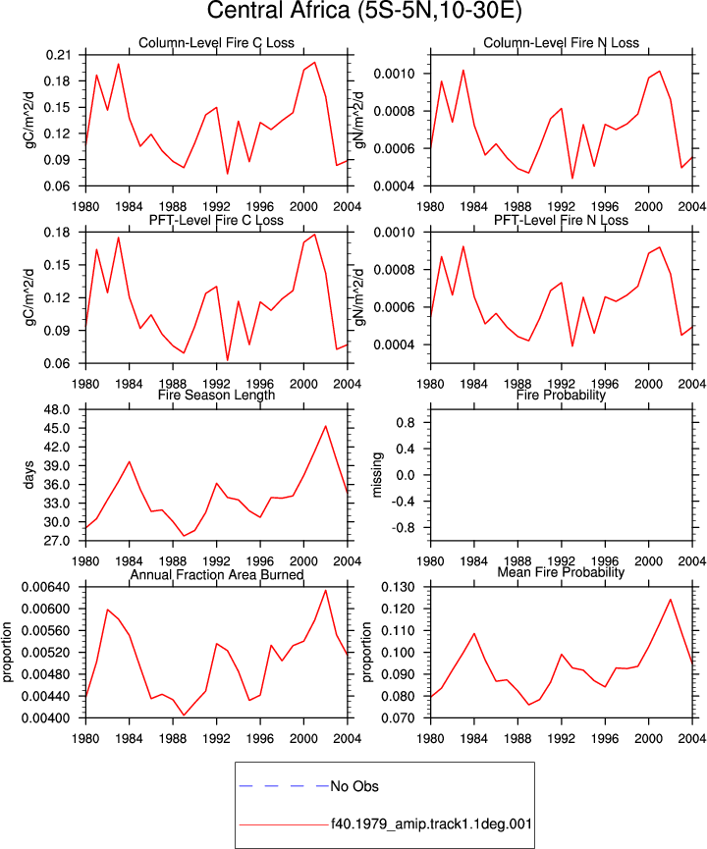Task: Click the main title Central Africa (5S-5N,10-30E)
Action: coord(364,11)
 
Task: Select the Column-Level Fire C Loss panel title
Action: coord(216,43)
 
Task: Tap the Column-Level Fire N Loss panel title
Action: coord(562,43)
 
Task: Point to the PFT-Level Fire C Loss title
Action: coord(216,221)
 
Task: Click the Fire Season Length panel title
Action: coord(216,395)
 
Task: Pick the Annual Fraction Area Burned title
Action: coord(216,574)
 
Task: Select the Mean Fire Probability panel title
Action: coord(562,572)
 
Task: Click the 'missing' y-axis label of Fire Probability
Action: coord(377,475)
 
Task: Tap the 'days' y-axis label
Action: coord(28,475)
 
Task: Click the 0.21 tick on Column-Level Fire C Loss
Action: coord(58,55)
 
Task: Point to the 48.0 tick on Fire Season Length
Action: coord(57,410)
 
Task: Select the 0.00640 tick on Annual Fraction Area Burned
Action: coord(46,588)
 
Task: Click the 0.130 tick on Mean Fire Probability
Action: coord(399,588)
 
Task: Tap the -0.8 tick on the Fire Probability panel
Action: coord(403,528)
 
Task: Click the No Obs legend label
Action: coord(354,786)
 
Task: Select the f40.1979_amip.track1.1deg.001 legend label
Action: coord(431,824)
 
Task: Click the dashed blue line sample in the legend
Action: coord(284,785)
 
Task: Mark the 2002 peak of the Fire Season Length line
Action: coord(326,426)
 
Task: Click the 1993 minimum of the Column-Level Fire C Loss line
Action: coord(228,174)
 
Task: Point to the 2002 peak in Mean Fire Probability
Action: coord(671,600)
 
